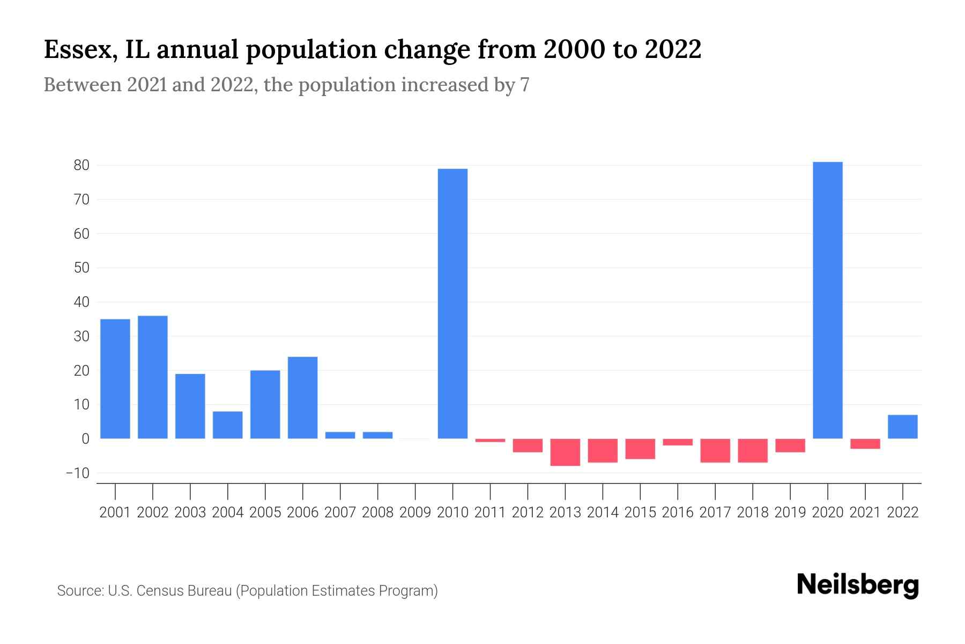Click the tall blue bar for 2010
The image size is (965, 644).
pyautogui.click(x=452, y=304)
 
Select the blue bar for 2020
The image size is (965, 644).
pyautogui.click(x=827, y=301)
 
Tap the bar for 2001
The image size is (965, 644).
pyautogui.click(x=115, y=379)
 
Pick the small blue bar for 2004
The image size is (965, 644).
pyautogui.click(x=227, y=425)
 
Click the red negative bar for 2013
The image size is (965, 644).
pyautogui.click(x=565, y=452)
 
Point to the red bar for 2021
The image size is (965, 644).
pyautogui.click(x=865, y=444)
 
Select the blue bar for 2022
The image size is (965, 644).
pyautogui.click(x=902, y=427)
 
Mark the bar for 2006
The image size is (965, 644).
pyautogui.click(x=302, y=398)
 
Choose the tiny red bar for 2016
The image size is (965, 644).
pyautogui.click(x=678, y=442)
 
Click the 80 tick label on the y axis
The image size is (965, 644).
pyautogui.click(x=81, y=165)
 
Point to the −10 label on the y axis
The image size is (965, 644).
pyautogui.click(x=77, y=473)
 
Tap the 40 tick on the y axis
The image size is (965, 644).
pyautogui.click(x=81, y=302)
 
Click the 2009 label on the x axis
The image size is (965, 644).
pyautogui.click(x=415, y=513)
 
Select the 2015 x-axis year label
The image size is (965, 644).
pyautogui.click(x=640, y=513)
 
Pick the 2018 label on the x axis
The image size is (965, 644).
pyautogui.click(x=753, y=513)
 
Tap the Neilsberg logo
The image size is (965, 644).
pyautogui.click(x=858, y=585)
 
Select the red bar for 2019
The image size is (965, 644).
pyautogui.click(x=790, y=445)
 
